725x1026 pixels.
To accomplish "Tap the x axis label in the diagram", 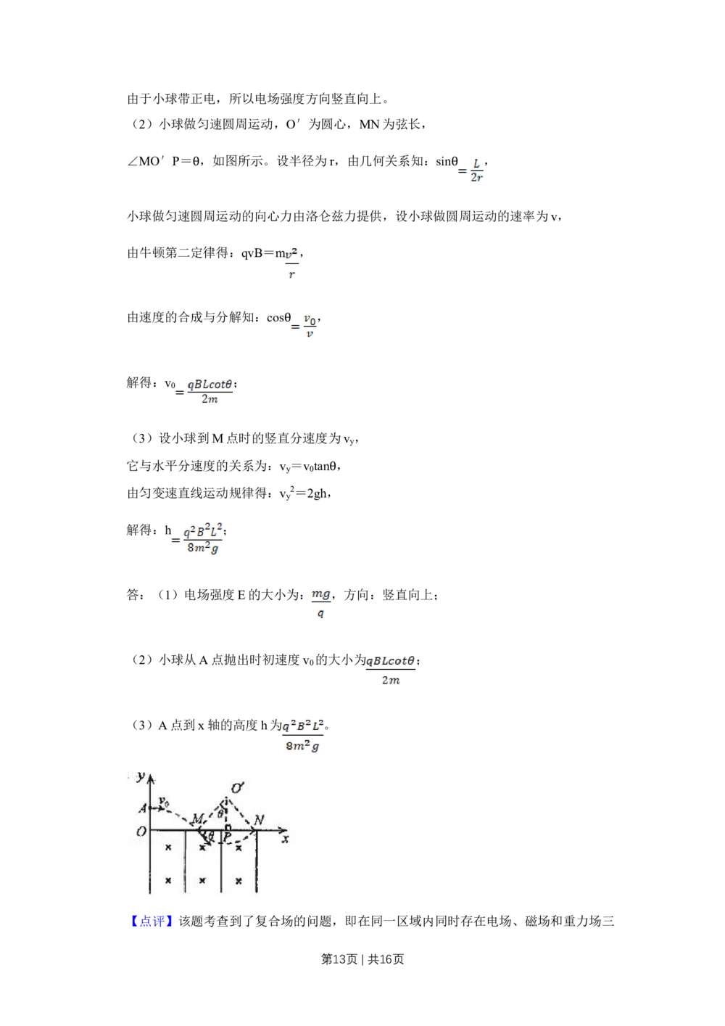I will tap(286, 838).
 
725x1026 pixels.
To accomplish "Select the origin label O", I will tap(141, 832).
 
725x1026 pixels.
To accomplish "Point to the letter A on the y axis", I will tap(143, 808).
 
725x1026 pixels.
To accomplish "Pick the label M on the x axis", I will tap(196, 820).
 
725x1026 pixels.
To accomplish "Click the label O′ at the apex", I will tap(236, 788).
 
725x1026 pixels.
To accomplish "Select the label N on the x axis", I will tap(260, 820).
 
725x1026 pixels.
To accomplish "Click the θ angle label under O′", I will tap(221, 813).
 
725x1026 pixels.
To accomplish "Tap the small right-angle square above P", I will tap(228, 828).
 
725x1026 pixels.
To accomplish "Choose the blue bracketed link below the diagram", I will tap(152, 921).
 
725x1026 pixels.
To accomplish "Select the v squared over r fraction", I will tap(292, 261).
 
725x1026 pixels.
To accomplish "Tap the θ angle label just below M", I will tap(211, 837).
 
